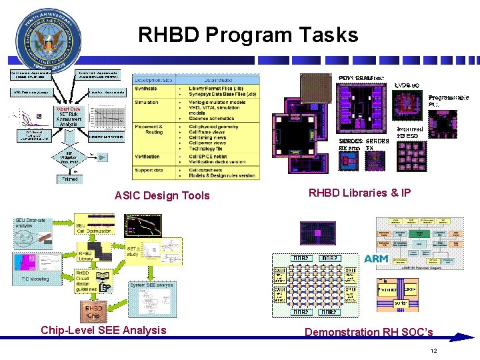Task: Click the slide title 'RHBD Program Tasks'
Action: click(248, 35)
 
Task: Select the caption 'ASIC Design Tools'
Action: click(162, 195)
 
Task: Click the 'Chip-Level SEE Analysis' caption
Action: click(103, 330)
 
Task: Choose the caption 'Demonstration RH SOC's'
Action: click(369, 332)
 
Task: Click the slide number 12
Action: click(433, 351)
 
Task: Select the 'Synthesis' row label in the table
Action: click(147, 88)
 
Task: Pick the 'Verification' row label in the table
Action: click(148, 157)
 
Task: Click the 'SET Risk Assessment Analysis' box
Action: click(69, 118)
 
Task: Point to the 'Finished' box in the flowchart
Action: click(70, 179)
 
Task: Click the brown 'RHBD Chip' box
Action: click(93, 311)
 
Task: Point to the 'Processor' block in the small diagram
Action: click(388, 290)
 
